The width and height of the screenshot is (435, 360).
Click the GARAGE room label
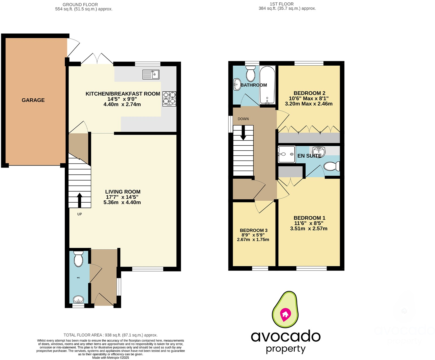[33, 100]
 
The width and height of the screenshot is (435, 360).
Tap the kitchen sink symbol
[151, 75]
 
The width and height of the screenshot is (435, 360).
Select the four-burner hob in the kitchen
[169, 98]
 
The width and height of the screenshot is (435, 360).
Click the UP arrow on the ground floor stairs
[79, 200]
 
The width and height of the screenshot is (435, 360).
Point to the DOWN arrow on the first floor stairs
[243, 133]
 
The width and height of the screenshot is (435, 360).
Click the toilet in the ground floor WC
[78, 259]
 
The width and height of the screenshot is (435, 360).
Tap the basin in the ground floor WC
[78, 299]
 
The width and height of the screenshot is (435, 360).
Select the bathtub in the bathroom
[267, 85]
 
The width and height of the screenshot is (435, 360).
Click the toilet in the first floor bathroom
[250, 74]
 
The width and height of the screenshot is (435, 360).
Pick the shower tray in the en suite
[287, 154]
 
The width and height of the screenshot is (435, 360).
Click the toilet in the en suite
[332, 166]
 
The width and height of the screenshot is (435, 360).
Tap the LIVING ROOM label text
[123, 192]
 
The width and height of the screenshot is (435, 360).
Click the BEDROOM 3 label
[254, 230]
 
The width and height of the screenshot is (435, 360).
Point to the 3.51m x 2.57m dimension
[309, 228]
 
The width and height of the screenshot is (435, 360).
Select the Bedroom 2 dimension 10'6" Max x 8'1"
[309, 98]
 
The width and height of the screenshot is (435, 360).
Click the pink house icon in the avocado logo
[285, 314]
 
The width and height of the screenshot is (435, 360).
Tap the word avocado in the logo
[286, 336]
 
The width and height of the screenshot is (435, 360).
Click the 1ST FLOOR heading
[282, 4]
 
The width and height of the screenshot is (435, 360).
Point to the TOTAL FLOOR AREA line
[110, 335]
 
